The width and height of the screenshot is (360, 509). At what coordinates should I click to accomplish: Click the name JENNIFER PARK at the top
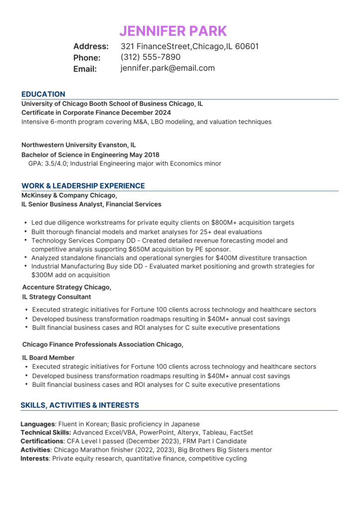pos(173,31)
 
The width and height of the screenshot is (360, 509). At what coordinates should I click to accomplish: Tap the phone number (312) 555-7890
pos(150,57)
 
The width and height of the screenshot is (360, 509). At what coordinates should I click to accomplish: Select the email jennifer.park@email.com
pos(168,68)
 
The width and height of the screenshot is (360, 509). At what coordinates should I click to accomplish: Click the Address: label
pos(91,46)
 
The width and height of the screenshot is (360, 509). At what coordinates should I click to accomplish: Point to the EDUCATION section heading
pos(43,94)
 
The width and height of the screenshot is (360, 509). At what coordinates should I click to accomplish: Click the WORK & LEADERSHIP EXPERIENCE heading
pos(83,186)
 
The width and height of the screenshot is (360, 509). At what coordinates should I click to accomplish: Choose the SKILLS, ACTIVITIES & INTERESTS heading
pos(80,405)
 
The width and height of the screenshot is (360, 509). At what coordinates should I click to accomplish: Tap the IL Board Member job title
pos(48,357)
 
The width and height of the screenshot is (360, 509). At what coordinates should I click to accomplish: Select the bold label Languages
pos(37,424)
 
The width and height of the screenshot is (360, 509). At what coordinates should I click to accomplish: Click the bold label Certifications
pos(42,441)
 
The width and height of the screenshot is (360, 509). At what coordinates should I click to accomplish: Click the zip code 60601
pos(247,46)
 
